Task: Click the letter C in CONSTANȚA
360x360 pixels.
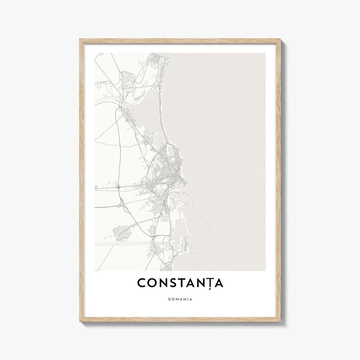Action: point(141,283)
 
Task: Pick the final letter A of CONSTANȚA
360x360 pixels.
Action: point(219,283)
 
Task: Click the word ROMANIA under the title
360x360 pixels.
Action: point(180,299)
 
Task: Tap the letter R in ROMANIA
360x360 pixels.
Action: point(169,299)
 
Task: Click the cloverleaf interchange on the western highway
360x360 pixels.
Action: point(119,187)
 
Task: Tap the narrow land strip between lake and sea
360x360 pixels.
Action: point(163,110)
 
